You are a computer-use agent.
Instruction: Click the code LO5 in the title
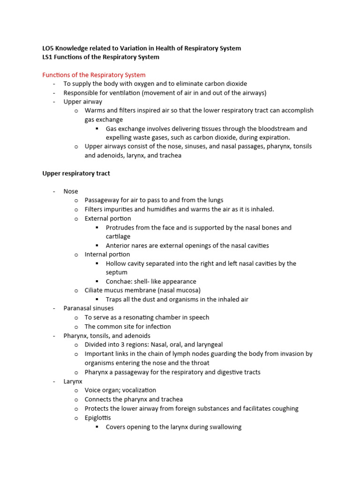pyautogui.click(x=48, y=48)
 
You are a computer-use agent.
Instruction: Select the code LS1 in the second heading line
pyautogui.click(x=47, y=57)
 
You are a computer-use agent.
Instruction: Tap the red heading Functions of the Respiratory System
pyautogui.click(x=94, y=75)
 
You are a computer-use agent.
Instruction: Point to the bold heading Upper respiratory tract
pyautogui.click(x=76, y=173)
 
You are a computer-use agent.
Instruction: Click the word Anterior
pyautogui.click(x=118, y=246)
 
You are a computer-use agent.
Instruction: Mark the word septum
pyautogui.click(x=116, y=272)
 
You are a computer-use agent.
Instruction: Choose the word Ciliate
pyautogui.click(x=96, y=291)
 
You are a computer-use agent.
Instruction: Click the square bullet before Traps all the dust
pyautogui.click(x=97, y=300)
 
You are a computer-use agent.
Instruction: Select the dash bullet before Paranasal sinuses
pyautogui.click(x=54, y=308)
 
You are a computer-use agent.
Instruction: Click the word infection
pyautogui.click(x=156, y=327)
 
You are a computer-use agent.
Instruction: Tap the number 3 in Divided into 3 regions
pyautogui.click(x=125, y=345)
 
